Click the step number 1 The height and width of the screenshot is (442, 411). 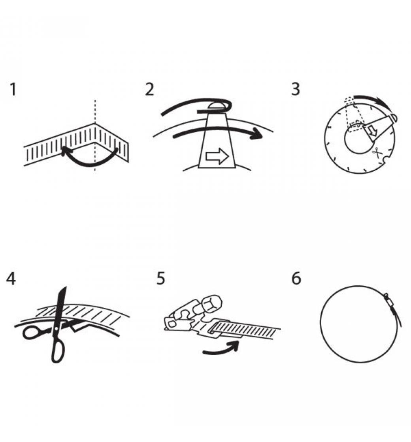click(x=13, y=89)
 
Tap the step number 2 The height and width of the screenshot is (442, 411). click(x=150, y=89)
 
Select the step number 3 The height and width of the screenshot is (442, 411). click(x=295, y=89)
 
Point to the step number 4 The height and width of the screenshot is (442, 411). click(x=11, y=279)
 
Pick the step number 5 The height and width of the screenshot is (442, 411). click(x=160, y=279)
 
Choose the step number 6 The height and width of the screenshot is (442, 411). click(x=296, y=279)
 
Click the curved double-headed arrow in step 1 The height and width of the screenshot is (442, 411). click(x=90, y=164)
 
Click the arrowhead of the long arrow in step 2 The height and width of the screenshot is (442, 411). click(x=256, y=133)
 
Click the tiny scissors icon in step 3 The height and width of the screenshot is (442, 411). click(x=376, y=153)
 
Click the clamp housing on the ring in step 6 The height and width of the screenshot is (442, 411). click(x=390, y=301)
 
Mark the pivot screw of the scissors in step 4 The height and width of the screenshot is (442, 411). click(x=57, y=328)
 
